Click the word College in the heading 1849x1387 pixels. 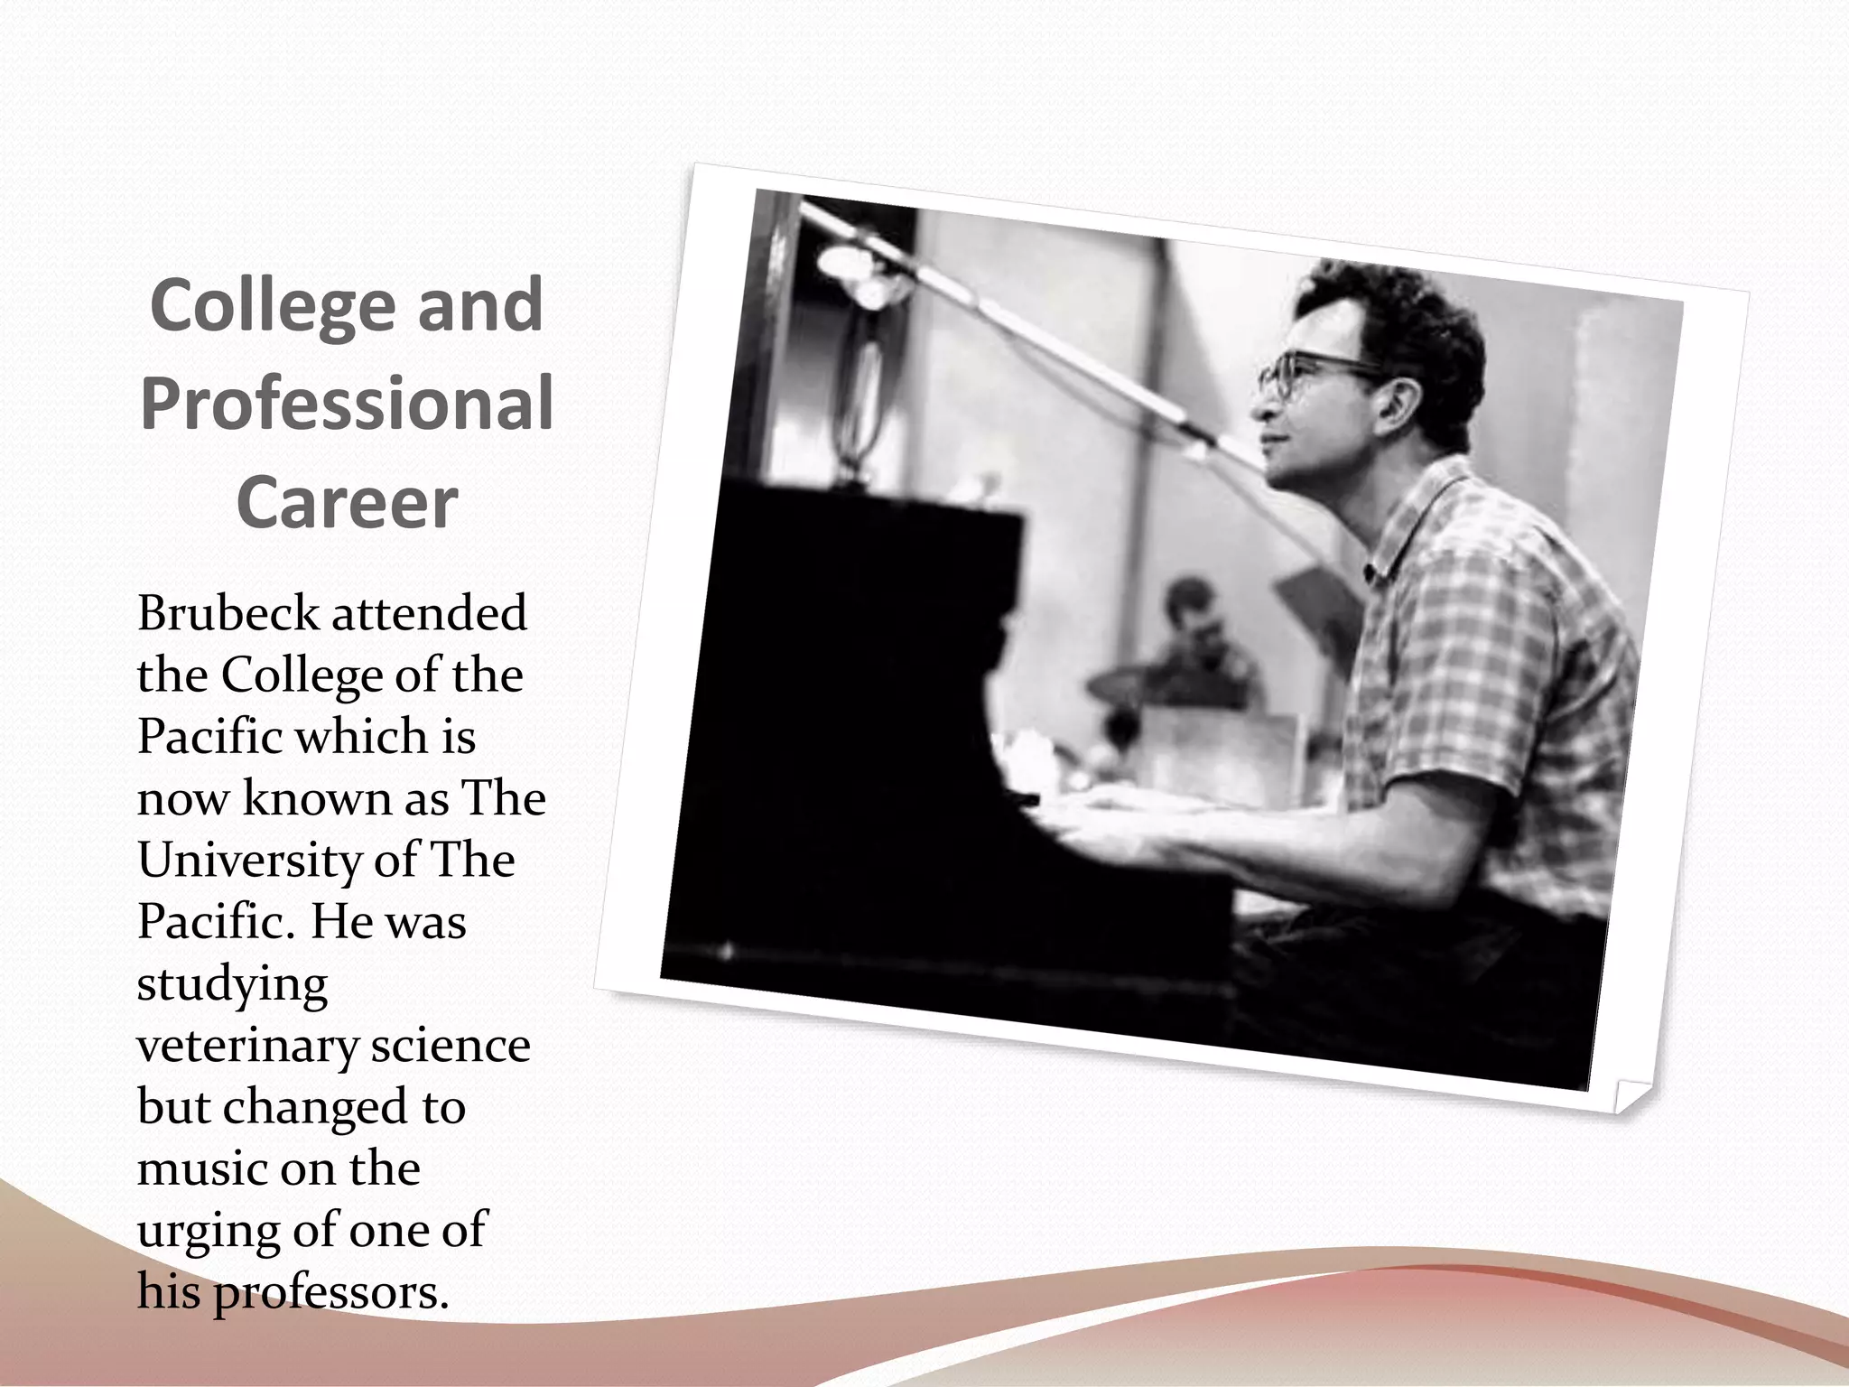coord(273,307)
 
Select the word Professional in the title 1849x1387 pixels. coord(347,405)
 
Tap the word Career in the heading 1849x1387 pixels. coord(347,502)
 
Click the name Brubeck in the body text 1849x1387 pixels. coord(228,614)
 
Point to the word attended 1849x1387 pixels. coord(429,614)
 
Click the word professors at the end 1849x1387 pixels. coord(330,1293)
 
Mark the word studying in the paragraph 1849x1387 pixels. coord(232,984)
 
